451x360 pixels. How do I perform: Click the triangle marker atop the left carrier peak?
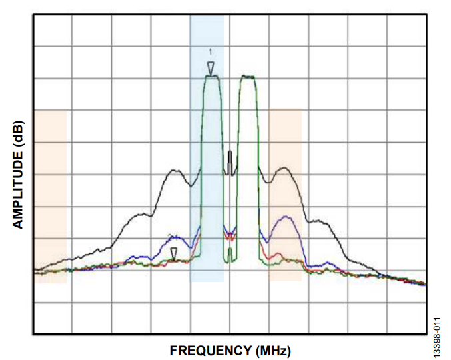[211, 68]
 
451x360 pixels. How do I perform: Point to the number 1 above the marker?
[211, 51]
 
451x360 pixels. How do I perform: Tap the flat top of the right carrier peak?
[248, 77]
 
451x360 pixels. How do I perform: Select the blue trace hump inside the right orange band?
[285, 217]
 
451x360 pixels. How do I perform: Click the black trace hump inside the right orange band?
[285, 169]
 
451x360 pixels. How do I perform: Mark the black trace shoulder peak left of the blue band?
[175, 171]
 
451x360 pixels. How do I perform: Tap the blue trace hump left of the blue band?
[175, 236]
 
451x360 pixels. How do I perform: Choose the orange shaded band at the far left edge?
[50, 193]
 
